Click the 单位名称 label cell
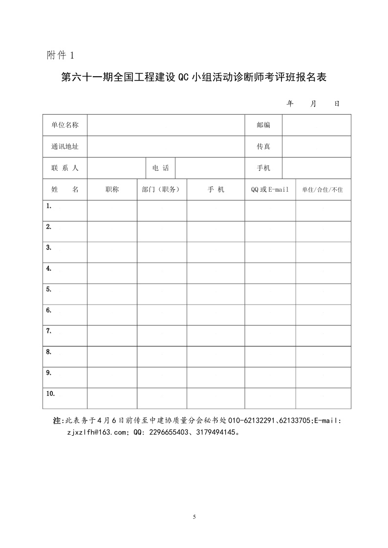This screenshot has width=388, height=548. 65,125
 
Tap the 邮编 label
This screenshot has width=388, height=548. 263,125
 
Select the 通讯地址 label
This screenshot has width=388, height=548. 65,146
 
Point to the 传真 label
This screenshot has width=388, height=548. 263,146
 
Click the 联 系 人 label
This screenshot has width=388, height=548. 65,168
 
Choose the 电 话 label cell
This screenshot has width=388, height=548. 160,168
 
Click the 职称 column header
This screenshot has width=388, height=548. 112,189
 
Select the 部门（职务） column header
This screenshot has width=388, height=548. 162,189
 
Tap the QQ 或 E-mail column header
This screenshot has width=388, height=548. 270,189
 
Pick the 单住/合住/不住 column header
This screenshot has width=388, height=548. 323,190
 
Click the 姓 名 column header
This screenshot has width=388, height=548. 65,189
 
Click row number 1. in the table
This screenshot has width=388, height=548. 49,206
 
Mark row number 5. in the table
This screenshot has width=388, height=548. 49,289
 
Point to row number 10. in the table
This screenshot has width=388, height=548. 50,393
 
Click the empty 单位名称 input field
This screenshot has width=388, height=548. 166,125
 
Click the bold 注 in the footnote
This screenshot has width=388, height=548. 57,420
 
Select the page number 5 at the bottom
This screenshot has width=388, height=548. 194,517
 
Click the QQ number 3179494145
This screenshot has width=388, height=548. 215,432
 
